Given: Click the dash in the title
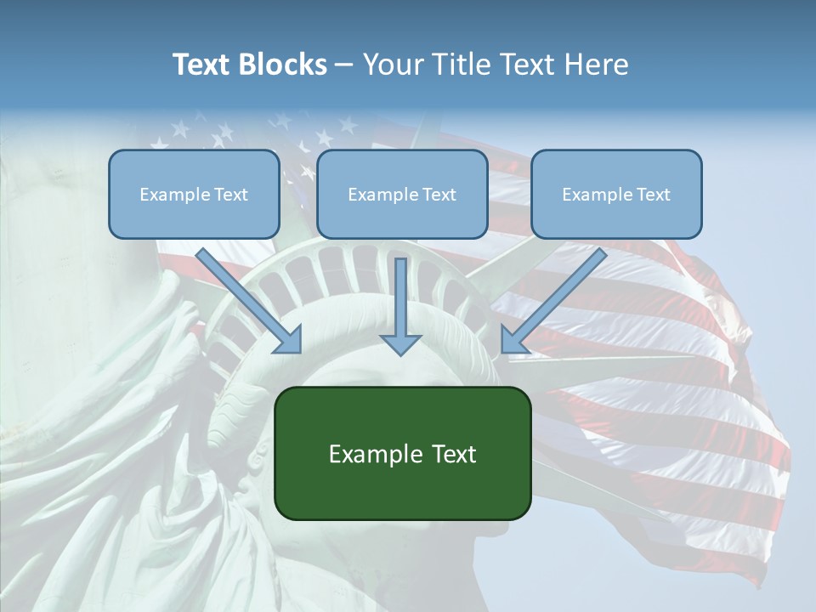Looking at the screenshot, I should [x=344, y=65].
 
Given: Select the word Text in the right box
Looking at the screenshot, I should [x=652, y=195].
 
